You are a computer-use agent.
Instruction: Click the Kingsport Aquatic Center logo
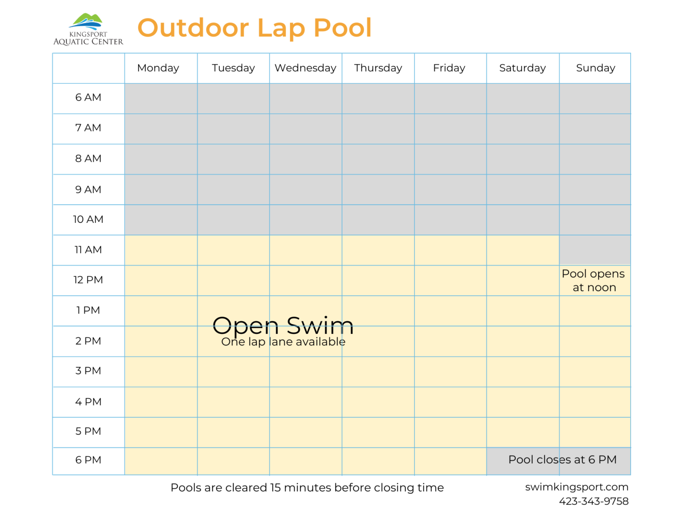88,29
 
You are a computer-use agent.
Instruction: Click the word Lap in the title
281,28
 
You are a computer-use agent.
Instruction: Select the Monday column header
158,68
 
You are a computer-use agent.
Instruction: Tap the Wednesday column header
305,68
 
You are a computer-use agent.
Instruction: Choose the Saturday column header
522,68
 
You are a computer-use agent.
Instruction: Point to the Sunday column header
595,68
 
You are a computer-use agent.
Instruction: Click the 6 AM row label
88,97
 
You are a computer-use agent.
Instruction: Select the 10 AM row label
88,220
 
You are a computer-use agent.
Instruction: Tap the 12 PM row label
88,280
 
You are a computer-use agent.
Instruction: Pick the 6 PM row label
88,460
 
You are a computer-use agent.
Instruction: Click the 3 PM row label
88,371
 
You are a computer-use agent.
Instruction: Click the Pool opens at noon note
593,281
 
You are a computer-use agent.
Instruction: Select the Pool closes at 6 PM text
562,460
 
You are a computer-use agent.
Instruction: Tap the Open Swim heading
283,325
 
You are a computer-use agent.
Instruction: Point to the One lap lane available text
283,342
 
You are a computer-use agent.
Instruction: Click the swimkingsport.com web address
576,487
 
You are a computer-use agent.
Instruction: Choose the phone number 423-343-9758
593,501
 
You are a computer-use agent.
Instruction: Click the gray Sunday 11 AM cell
595,250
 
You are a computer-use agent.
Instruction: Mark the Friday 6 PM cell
450,461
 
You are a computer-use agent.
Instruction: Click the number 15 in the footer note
275,487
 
